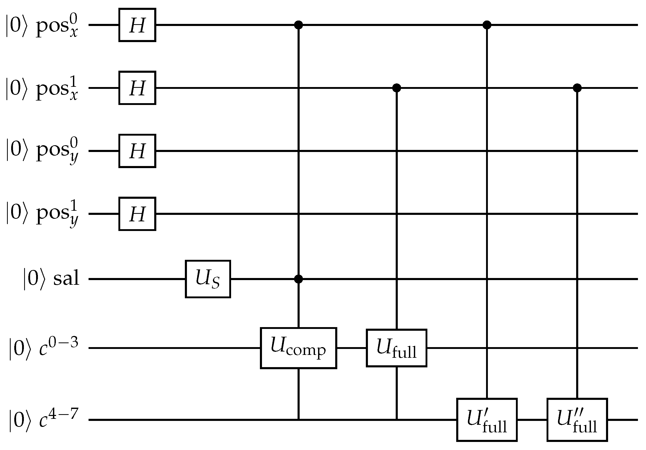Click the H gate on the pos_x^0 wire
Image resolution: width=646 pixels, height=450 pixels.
(x=137, y=25)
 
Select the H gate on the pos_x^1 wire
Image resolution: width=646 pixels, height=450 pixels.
(x=137, y=88)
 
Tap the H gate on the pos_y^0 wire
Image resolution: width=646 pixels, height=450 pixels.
(x=137, y=151)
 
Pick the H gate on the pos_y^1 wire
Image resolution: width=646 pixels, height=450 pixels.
(x=137, y=214)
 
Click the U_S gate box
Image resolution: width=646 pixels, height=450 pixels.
(x=208, y=279)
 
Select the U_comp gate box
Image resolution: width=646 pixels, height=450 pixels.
(x=299, y=348)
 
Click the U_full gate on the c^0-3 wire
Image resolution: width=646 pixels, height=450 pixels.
(x=396, y=348)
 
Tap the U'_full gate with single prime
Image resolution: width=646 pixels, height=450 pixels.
(x=487, y=420)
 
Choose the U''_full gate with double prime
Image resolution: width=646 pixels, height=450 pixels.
(x=577, y=420)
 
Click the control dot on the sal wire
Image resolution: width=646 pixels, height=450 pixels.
(x=298, y=279)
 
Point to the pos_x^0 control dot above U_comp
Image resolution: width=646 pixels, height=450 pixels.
(x=298, y=25)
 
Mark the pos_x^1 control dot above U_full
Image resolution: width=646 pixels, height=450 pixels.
(x=396, y=88)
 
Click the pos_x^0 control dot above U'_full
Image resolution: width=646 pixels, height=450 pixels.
(x=487, y=25)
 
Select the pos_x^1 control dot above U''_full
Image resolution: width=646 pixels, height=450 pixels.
(x=577, y=88)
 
